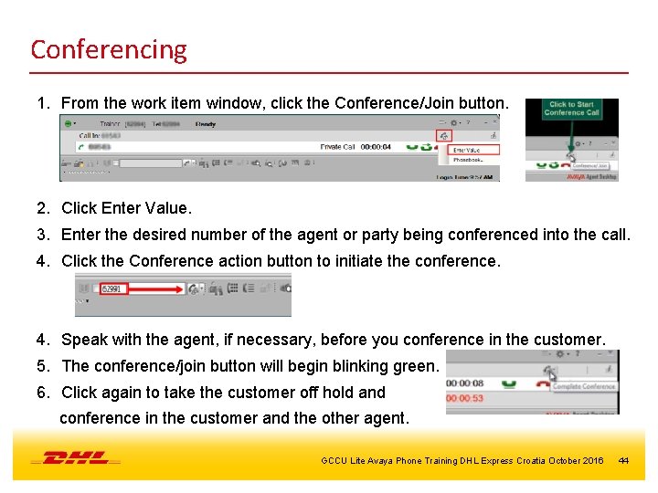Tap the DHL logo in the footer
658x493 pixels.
(75, 457)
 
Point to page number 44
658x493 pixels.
(623, 460)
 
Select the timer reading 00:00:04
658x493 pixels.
(376, 146)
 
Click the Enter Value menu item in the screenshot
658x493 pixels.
(468, 149)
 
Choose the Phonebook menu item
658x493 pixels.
(469, 160)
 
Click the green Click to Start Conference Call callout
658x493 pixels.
(571, 108)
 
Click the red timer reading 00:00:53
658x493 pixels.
(465, 399)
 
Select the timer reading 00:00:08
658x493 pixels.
(465, 383)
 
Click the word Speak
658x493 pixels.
(84, 340)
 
